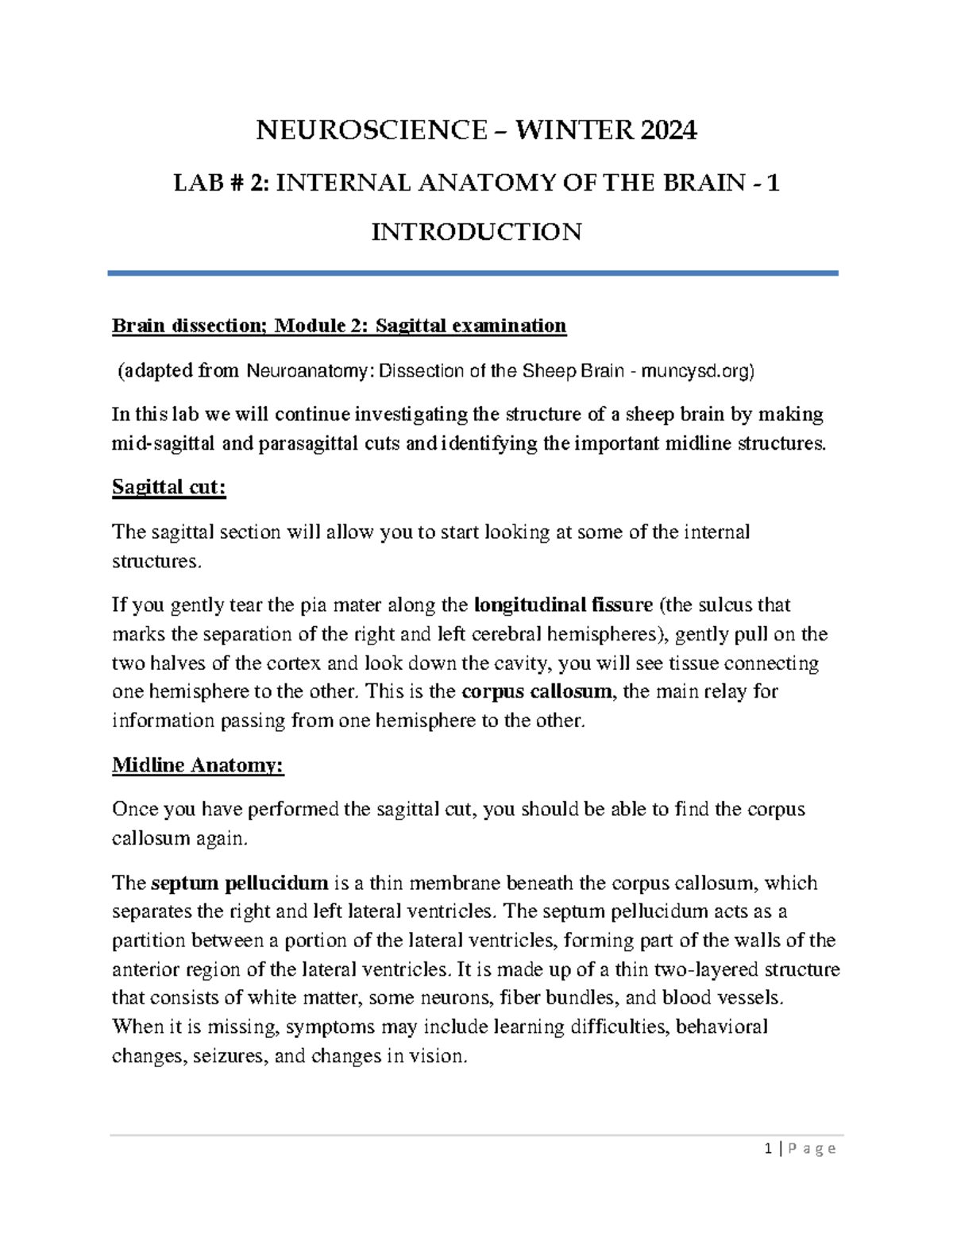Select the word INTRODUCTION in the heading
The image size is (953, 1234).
pyautogui.click(x=476, y=232)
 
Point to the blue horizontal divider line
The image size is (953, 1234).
pyautogui.click(x=473, y=273)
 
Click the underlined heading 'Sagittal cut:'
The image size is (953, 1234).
pyautogui.click(x=169, y=487)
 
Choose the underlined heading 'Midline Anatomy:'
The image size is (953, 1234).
pyautogui.click(x=198, y=765)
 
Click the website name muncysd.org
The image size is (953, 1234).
pyautogui.click(x=695, y=370)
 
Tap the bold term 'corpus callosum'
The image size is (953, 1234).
pyautogui.click(x=536, y=691)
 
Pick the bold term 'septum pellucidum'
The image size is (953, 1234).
pyautogui.click(x=239, y=883)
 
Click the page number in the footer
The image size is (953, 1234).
pyautogui.click(x=768, y=1149)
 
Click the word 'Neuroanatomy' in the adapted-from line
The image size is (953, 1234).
pyautogui.click(x=298, y=370)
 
